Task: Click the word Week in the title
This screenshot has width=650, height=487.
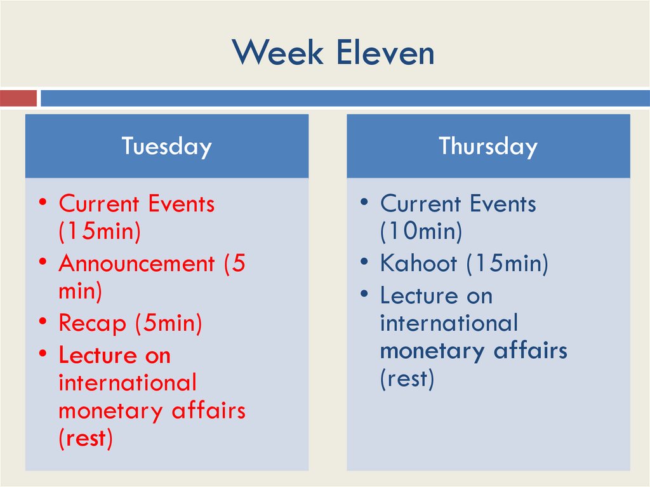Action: coord(277,53)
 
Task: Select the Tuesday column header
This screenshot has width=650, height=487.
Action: coord(166,146)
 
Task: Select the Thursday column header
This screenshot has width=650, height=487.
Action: coord(487,146)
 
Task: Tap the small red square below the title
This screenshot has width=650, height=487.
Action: coord(18,98)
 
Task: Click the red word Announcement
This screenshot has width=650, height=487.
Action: coord(136,264)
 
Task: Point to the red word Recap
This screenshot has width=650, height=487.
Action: coord(92,324)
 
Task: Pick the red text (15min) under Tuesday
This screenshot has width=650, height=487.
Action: coord(99,232)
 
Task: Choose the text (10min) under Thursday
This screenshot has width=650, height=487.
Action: coord(421,232)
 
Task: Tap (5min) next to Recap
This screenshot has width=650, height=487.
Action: coord(168,324)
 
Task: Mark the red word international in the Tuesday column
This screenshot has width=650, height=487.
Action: coord(128,383)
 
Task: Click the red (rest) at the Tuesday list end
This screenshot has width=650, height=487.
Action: coord(86,439)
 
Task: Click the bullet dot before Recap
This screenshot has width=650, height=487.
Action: coord(42,321)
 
